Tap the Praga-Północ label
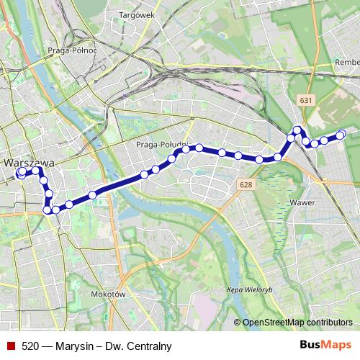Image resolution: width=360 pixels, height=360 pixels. (72, 50)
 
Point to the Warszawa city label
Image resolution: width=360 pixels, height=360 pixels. (25, 163)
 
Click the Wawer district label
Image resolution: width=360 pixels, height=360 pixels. (302, 203)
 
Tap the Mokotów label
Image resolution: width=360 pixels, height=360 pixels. (109, 294)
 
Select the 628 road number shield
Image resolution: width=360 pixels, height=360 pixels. (246, 186)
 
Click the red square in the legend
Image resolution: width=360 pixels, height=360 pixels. (10, 345)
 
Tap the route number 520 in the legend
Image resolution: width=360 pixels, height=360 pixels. (30, 345)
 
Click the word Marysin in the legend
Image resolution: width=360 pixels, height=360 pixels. (72, 345)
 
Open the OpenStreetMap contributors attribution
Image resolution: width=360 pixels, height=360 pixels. (298, 322)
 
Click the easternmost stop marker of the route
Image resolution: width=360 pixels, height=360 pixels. (341, 134)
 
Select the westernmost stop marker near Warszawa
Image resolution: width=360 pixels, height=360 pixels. (21, 173)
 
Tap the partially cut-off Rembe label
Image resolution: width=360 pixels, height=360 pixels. (348, 63)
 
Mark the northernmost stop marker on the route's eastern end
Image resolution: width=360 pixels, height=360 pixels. (297, 130)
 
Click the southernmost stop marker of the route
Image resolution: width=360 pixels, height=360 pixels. (48, 210)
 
